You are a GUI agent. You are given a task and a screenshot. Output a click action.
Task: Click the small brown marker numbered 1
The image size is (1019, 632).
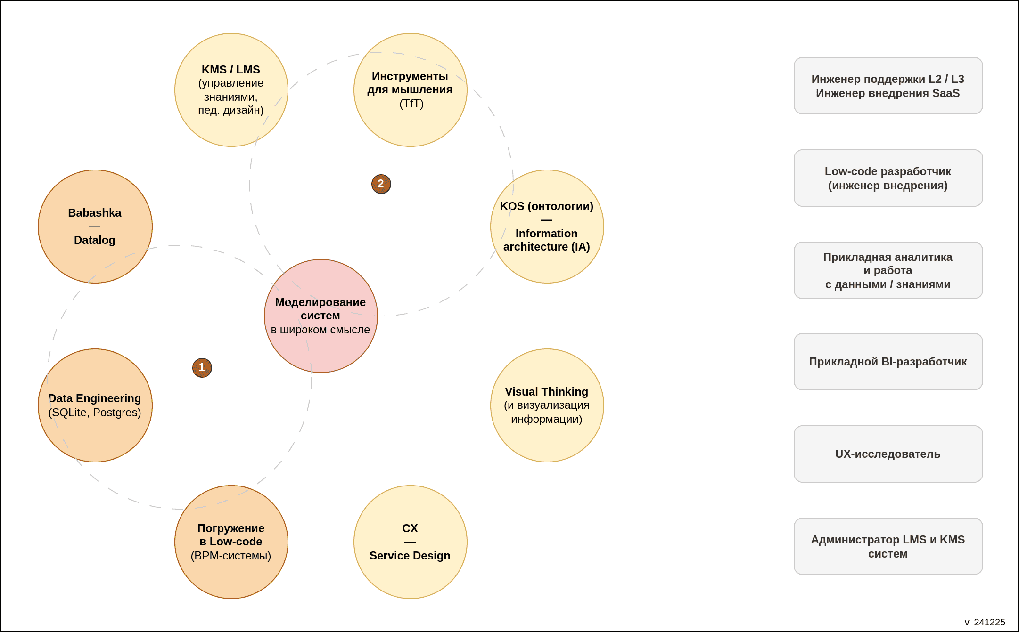(202, 368)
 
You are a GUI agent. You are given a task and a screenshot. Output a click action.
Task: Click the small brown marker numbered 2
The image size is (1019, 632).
(381, 184)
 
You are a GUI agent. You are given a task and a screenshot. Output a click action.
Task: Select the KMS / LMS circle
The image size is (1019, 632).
(231, 90)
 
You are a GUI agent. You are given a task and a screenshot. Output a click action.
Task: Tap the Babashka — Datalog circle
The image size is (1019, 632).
(95, 227)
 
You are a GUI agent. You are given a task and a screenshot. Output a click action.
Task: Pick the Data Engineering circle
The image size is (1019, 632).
(95, 405)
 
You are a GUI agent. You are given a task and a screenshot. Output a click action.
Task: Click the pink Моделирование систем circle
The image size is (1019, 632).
(321, 316)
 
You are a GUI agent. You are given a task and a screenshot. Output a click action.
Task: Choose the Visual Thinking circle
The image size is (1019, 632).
(547, 405)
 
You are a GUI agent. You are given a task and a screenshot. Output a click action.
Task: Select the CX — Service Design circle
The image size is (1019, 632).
(411, 542)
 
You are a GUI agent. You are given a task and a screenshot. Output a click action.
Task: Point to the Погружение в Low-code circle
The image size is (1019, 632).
(231, 542)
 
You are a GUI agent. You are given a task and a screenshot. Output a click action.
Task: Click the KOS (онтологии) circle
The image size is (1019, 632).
(547, 227)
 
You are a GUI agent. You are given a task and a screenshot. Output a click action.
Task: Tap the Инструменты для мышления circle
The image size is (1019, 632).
(411, 90)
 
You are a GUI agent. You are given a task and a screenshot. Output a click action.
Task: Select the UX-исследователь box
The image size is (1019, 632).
(888, 454)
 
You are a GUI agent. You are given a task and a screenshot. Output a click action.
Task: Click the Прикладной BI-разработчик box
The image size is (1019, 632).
(888, 362)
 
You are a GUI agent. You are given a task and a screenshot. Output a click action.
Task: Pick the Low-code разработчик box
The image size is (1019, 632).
(888, 178)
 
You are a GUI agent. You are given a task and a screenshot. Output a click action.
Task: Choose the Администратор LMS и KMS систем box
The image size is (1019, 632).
(888, 546)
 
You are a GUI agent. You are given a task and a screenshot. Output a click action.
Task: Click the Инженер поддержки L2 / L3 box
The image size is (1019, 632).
(888, 86)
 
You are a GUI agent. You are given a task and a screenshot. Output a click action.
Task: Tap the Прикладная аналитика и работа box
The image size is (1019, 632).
(888, 270)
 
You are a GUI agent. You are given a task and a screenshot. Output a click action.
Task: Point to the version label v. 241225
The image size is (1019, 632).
(985, 622)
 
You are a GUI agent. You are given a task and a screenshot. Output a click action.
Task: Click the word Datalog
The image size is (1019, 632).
(95, 240)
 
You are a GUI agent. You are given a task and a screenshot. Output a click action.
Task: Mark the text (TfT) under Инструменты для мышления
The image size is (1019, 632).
(411, 104)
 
